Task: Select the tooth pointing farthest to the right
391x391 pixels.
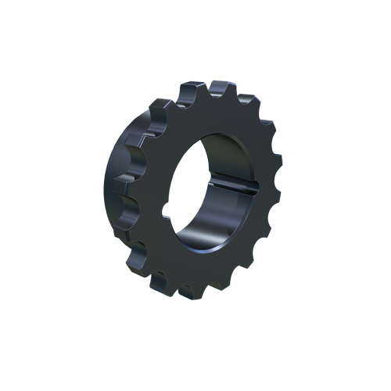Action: [276, 185]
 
